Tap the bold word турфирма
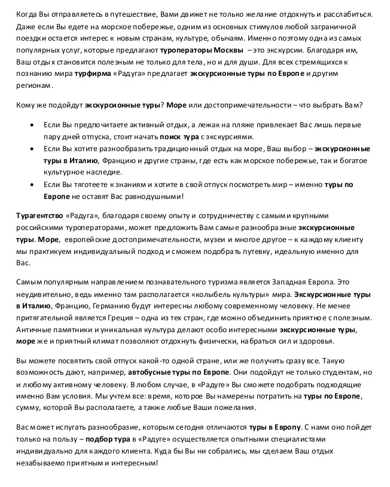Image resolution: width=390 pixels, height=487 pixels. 92,73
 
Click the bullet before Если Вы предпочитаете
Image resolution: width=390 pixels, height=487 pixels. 32,127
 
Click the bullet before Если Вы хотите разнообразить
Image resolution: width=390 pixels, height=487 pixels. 32,149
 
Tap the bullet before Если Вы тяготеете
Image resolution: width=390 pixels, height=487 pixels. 32,185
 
